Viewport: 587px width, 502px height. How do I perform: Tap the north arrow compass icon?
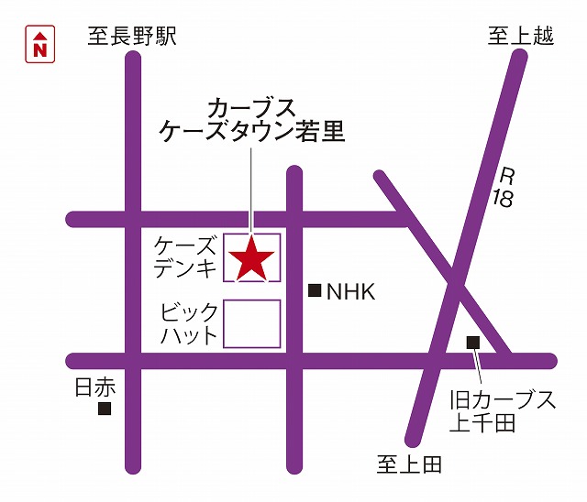pyautogui.click(x=40, y=44)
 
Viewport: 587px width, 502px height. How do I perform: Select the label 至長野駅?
pyautogui.click(x=132, y=37)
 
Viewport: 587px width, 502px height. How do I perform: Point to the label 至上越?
pyautogui.click(x=521, y=36)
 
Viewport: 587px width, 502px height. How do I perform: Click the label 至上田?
pyautogui.click(x=409, y=464)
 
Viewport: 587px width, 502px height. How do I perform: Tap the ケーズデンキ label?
pyautogui.click(x=186, y=256)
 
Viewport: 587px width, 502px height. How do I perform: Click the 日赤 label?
pyautogui.click(x=94, y=387)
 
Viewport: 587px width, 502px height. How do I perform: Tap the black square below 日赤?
pyautogui.click(x=105, y=409)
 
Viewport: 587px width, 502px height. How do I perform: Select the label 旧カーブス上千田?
pyautogui.click(x=503, y=411)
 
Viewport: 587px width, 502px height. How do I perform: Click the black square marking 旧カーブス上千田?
pyautogui.click(x=473, y=343)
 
